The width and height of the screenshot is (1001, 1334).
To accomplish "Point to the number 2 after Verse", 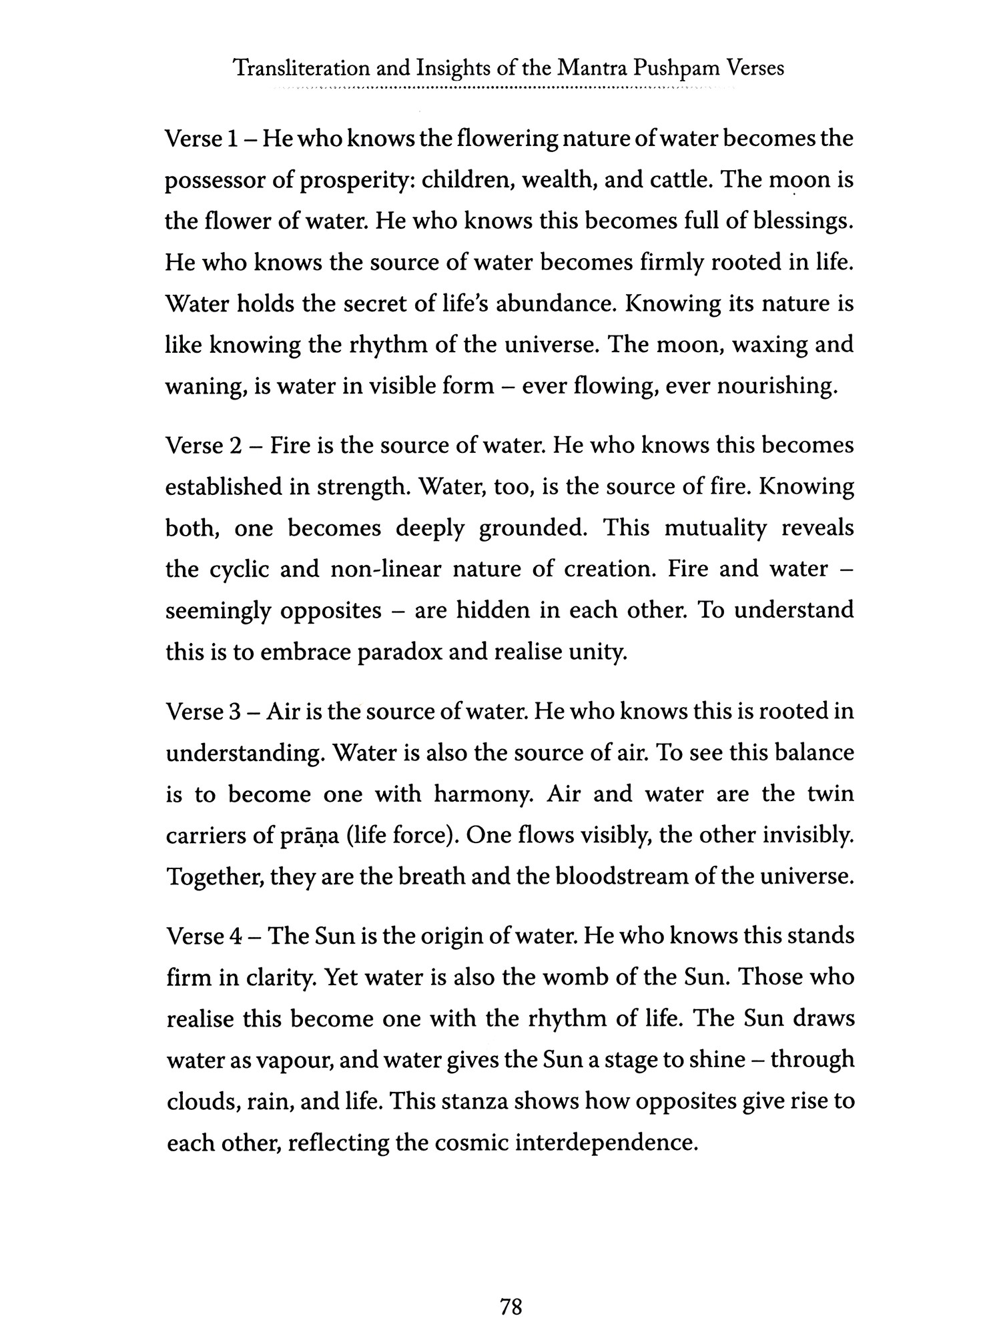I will tap(235, 445).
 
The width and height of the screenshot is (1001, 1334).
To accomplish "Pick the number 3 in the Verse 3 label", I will tap(234, 712).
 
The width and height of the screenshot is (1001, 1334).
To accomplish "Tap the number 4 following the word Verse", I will tap(235, 936).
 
